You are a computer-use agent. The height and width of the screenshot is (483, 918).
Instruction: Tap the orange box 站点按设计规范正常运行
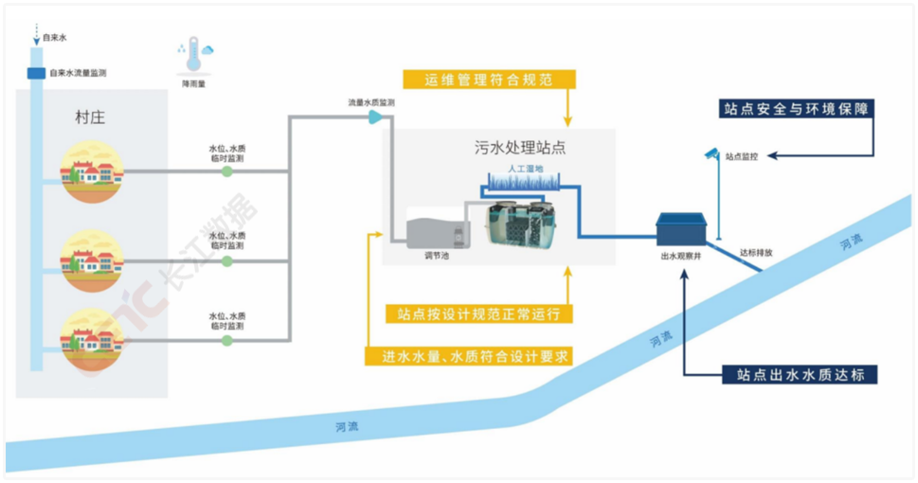(478, 313)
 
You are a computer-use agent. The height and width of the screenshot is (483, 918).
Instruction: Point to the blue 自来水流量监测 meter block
(36, 73)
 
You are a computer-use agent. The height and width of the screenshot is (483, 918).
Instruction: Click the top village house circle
(92, 171)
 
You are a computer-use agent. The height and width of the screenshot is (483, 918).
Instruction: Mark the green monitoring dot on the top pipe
(226, 172)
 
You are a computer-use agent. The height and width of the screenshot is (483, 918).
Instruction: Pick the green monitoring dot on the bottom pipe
(226, 339)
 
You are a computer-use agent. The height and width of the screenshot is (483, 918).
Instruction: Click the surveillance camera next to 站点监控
(711, 152)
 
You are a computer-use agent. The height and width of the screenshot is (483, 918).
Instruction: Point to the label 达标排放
(756, 253)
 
